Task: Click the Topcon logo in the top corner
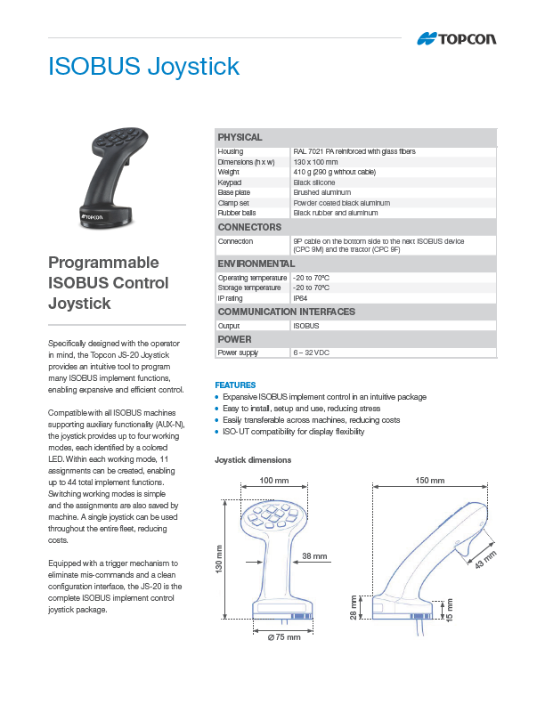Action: (457, 39)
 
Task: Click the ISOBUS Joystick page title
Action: (143, 67)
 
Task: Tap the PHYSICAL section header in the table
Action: (240, 137)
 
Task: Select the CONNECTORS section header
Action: (249, 227)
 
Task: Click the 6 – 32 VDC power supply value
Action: (310, 352)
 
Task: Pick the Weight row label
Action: (229, 172)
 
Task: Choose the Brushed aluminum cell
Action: (322, 192)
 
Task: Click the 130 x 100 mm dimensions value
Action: (315, 162)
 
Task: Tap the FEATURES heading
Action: (235, 385)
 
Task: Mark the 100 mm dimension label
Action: (273, 481)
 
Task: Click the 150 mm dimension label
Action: (429, 481)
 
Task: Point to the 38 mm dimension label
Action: (314, 556)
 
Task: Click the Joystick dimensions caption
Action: (253, 460)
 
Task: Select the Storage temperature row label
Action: (249, 288)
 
